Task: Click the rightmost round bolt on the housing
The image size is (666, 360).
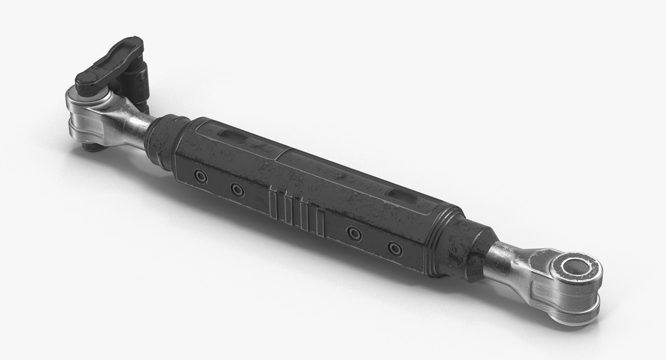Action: point(395,248)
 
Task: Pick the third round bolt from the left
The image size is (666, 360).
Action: point(354,233)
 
